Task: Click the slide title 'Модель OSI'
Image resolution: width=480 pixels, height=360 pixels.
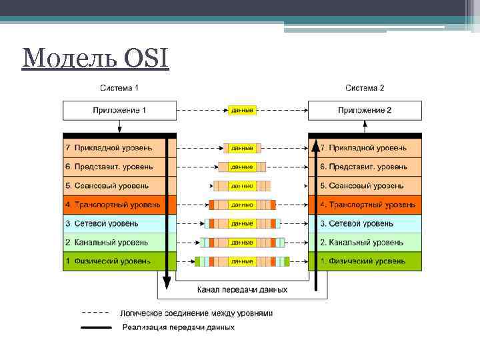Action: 95,59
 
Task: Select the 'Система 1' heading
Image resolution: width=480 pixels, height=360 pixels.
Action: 119,88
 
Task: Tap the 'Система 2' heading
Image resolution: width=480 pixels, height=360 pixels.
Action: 365,88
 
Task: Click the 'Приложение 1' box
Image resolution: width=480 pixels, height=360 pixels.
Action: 119,110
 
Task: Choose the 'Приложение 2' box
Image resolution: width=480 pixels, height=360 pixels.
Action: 365,110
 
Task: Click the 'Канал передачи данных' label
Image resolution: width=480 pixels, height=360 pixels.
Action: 243,290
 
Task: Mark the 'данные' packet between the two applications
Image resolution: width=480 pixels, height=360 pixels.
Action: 241,110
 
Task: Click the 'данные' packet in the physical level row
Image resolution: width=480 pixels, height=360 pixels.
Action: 241,261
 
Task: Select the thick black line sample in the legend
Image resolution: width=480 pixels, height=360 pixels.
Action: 96,327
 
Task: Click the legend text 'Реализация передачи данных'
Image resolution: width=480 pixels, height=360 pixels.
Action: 178,327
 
